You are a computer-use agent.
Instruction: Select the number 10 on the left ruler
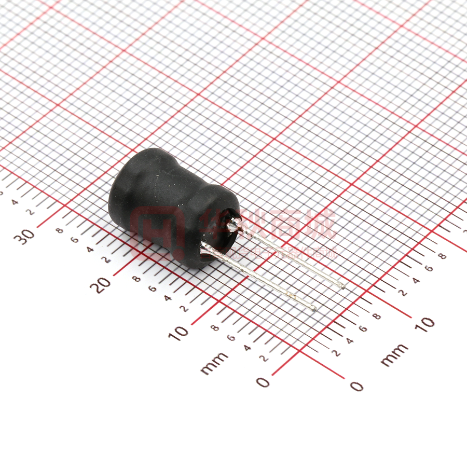point(178,332)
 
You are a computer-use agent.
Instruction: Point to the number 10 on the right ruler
point(425,324)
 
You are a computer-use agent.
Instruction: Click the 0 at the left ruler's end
point(264,382)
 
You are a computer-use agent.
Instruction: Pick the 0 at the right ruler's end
point(356,386)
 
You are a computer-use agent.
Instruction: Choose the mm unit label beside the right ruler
point(394,355)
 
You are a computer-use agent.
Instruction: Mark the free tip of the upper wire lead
point(341,285)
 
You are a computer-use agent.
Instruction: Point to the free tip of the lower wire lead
point(313,309)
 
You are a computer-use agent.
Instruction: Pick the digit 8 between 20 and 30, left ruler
point(60,230)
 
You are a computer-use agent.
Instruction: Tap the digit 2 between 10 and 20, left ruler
point(184,308)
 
